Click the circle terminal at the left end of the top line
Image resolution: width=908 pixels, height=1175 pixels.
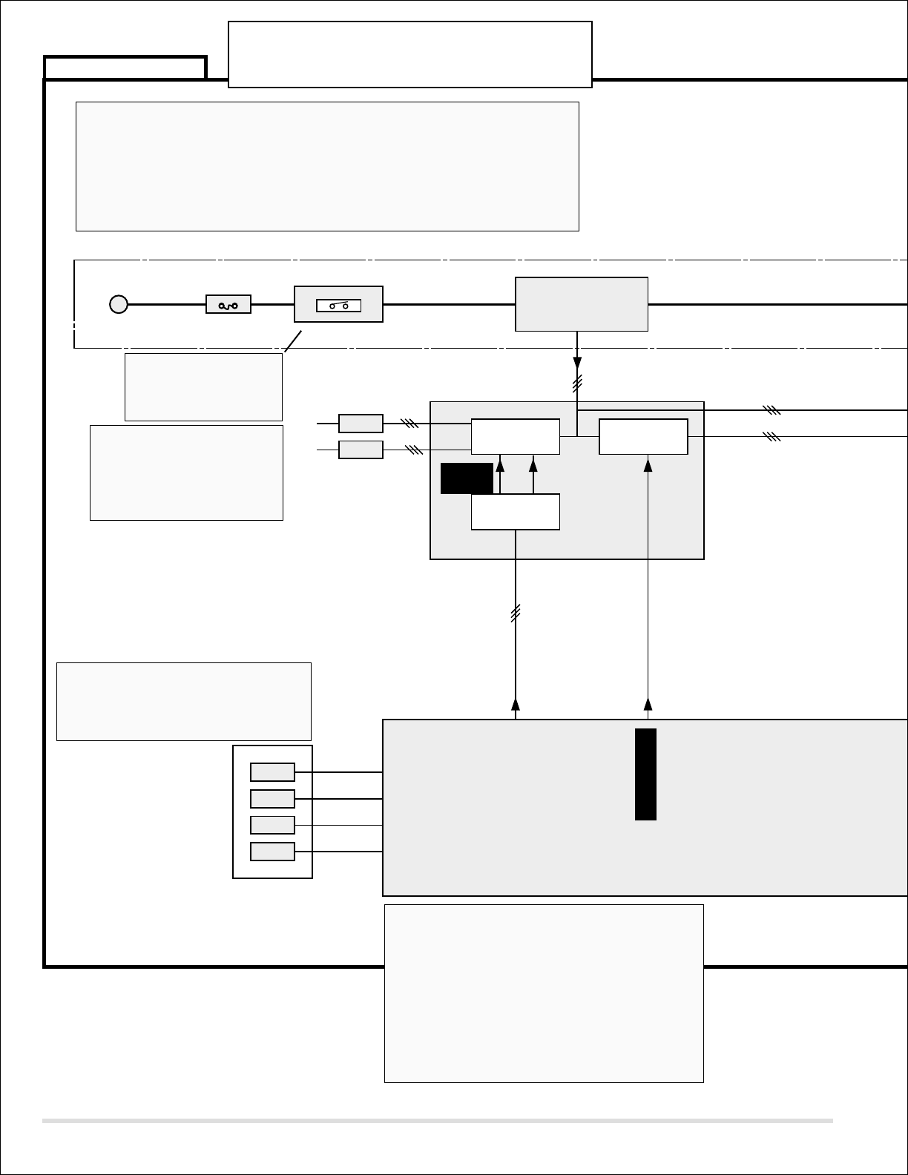[119, 304]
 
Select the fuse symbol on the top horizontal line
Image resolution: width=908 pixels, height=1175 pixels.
[228, 304]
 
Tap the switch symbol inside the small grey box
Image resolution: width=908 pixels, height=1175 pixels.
[338, 305]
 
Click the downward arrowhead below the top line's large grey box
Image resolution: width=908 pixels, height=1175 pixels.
[577, 363]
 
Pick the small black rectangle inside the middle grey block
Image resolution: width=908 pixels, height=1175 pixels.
[467, 478]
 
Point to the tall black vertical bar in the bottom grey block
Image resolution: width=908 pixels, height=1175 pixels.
[645, 774]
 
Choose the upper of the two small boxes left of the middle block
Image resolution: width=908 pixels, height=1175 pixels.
[361, 424]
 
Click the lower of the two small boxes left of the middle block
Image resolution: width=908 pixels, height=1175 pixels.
[361, 450]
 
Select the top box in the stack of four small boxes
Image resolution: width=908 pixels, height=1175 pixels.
[272, 772]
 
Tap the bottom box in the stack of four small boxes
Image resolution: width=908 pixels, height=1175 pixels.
[272, 852]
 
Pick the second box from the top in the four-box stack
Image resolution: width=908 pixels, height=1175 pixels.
[272, 799]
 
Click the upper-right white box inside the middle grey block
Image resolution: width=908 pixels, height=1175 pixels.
[643, 437]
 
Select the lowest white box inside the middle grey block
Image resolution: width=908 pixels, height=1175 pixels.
[516, 512]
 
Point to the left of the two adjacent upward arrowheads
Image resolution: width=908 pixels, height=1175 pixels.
[500, 465]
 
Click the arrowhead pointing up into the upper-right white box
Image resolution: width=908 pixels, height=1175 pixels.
[648, 465]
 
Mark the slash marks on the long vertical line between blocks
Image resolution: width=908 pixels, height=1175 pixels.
[516, 613]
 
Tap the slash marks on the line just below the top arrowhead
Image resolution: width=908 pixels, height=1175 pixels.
[577, 384]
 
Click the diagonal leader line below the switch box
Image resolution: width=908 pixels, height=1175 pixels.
[294, 340]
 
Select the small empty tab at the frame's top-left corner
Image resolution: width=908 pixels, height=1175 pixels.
[125, 68]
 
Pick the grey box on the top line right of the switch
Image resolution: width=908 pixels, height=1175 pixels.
[582, 304]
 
